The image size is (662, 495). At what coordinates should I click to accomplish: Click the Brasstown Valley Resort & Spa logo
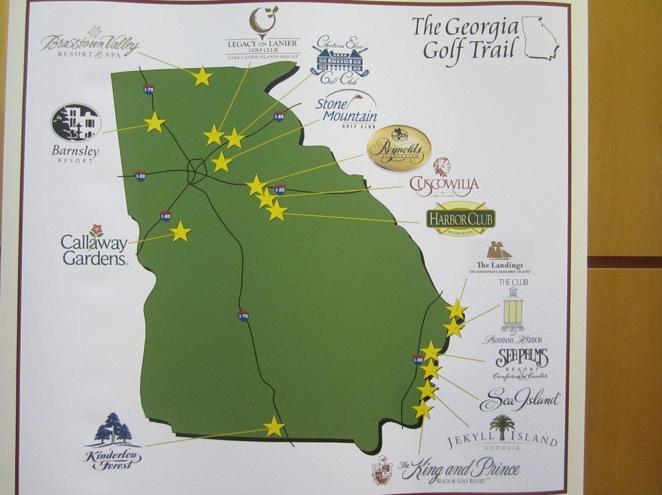pyautogui.click(x=90, y=44)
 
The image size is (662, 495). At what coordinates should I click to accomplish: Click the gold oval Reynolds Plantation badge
pyautogui.click(x=398, y=148)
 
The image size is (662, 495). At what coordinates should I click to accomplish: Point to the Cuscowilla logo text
pyautogui.click(x=444, y=184)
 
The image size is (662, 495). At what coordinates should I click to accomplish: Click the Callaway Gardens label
pyautogui.click(x=94, y=250)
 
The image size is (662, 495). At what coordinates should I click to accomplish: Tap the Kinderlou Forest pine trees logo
pyautogui.click(x=113, y=429)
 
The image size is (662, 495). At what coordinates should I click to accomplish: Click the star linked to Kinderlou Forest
pyautogui.click(x=274, y=426)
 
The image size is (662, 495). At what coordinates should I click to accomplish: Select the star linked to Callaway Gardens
pyautogui.click(x=180, y=232)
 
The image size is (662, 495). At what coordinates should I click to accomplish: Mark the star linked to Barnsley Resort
pyautogui.click(x=154, y=123)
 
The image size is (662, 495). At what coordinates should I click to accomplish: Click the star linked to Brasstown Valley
pyautogui.click(x=202, y=77)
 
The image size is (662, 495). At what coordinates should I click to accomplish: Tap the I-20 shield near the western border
pyautogui.click(x=140, y=176)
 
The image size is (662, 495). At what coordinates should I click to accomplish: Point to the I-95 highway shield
pyautogui.click(x=418, y=360)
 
